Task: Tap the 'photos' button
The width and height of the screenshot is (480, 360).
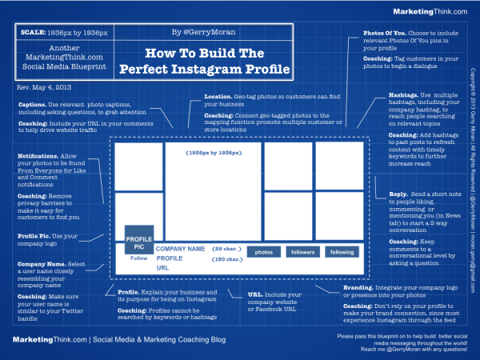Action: click(x=263, y=251)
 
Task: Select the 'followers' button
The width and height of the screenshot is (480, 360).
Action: click(x=302, y=251)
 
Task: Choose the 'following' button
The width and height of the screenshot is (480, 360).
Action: click(x=342, y=251)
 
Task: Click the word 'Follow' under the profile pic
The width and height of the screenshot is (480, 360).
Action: click(x=139, y=258)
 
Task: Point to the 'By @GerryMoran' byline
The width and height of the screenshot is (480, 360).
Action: click(x=197, y=33)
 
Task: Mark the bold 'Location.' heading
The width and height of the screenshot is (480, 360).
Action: click(x=218, y=97)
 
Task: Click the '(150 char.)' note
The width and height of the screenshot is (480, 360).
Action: click(x=226, y=258)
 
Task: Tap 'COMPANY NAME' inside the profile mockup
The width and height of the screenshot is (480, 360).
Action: click(x=180, y=249)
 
